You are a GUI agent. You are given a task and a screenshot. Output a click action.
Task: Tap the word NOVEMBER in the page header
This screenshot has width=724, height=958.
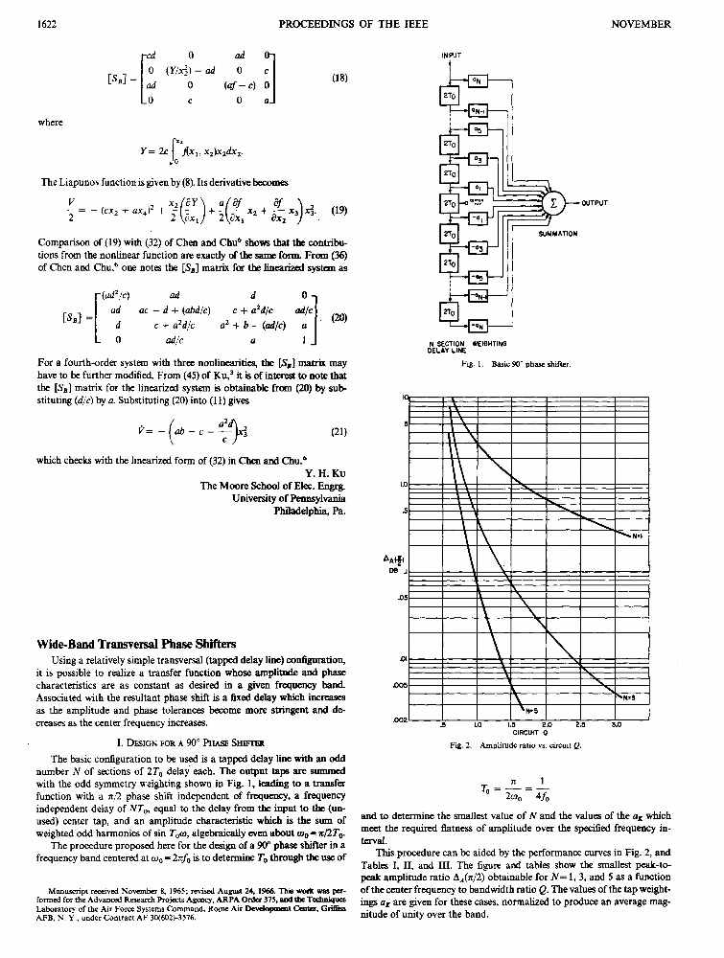[x=642, y=22]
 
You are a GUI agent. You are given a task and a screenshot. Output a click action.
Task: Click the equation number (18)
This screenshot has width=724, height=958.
[x=339, y=79]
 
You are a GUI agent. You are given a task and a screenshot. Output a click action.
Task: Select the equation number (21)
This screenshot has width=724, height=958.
[x=338, y=431]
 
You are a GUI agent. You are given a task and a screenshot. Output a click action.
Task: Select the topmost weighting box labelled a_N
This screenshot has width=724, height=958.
[x=480, y=80]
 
